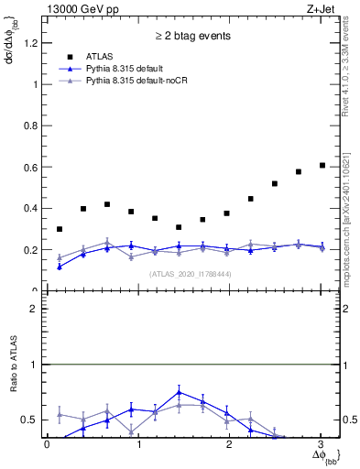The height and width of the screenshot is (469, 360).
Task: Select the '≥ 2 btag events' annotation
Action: tap(191, 38)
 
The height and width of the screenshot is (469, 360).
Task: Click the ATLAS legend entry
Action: tap(100, 57)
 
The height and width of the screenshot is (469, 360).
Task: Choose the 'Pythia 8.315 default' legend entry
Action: tap(129, 69)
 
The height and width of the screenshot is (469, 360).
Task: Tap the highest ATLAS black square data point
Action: tap(322, 165)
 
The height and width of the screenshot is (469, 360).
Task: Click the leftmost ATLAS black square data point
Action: tap(60, 229)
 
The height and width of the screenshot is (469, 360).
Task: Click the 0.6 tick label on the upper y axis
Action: tap(30, 167)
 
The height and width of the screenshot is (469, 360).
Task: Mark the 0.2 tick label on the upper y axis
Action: tap(30, 249)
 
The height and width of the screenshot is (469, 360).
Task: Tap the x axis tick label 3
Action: tap(322, 444)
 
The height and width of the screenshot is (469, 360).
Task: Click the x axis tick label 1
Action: tap(138, 444)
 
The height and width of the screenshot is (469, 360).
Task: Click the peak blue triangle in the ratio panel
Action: tap(180, 392)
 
